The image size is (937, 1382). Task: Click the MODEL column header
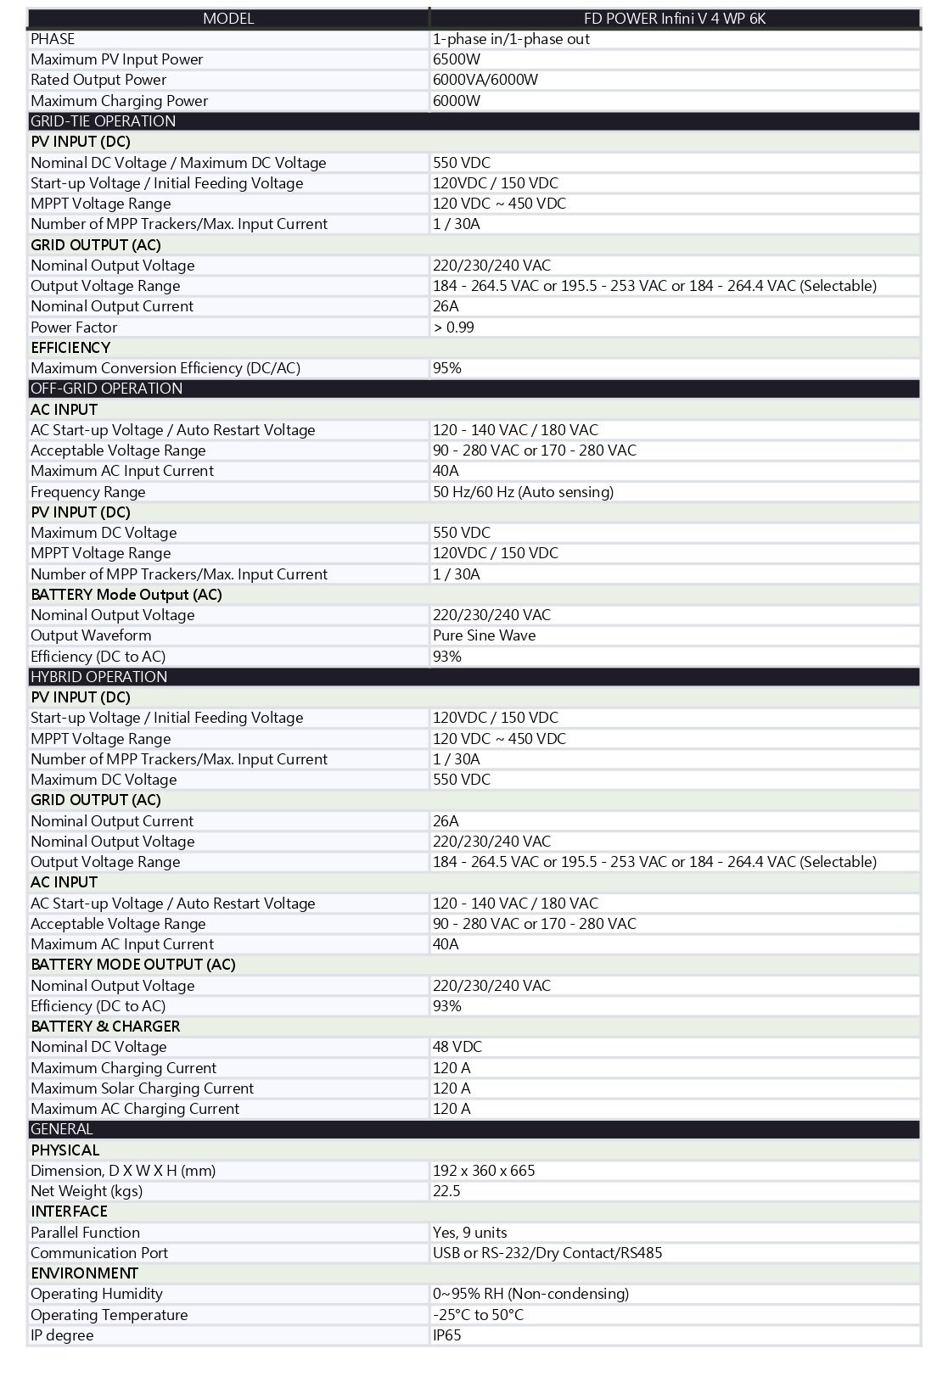click(227, 18)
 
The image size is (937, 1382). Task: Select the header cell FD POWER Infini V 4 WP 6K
click(675, 18)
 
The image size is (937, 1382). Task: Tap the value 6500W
click(457, 59)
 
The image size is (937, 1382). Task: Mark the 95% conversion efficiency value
click(447, 368)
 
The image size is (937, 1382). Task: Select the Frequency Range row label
click(88, 491)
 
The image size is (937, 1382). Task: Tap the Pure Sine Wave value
click(484, 635)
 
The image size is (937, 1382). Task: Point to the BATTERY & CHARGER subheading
click(105, 1026)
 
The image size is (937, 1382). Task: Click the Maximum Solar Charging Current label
click(143, 1088)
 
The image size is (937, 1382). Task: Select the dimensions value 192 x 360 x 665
click(484, 1170)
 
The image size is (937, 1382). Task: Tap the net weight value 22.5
click(446, 1190)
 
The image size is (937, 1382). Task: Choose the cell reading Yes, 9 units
click(470, 1232)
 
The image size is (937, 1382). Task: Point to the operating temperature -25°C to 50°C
click(478, 1314)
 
